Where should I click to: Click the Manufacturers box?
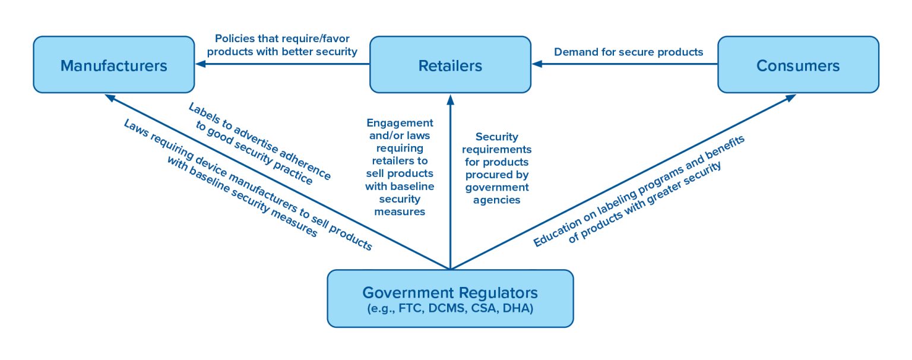(x=113, y=65)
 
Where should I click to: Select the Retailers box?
(x=450, y=65)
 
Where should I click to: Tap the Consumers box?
(x=798, y=65)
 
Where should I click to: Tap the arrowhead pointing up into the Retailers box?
(x=450, y=98)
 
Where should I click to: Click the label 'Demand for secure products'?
(x=628, y=52)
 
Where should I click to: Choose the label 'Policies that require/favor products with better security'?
(x=282, y=45)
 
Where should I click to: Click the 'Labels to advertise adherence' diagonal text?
(x=259, y=143)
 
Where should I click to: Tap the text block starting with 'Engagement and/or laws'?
(x=399, y=166)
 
